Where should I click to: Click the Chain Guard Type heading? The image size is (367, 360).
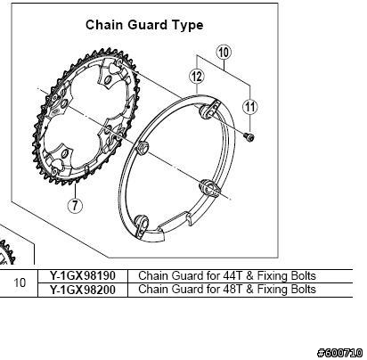point(144,25)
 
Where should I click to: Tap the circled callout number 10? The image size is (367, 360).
point(224,53)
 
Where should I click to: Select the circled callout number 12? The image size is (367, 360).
point(197,77)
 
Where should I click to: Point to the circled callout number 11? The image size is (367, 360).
point(250,107)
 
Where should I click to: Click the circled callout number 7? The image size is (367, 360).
point(75,205)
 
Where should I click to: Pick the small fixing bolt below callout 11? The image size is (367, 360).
point(249,137)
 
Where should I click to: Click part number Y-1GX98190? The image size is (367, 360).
point(82,276)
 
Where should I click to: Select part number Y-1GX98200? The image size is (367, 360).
point(82,290)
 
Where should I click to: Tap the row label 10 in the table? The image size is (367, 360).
point(20,282)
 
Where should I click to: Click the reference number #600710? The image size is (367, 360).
point(340,353)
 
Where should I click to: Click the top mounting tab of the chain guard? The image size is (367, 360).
point(209,110)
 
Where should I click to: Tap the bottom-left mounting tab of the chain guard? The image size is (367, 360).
point(141,225)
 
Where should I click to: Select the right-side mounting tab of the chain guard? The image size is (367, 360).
point(208,188)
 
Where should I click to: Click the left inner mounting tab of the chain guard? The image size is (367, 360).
point(142,147)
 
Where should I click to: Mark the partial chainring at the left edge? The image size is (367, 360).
point(6,252)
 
